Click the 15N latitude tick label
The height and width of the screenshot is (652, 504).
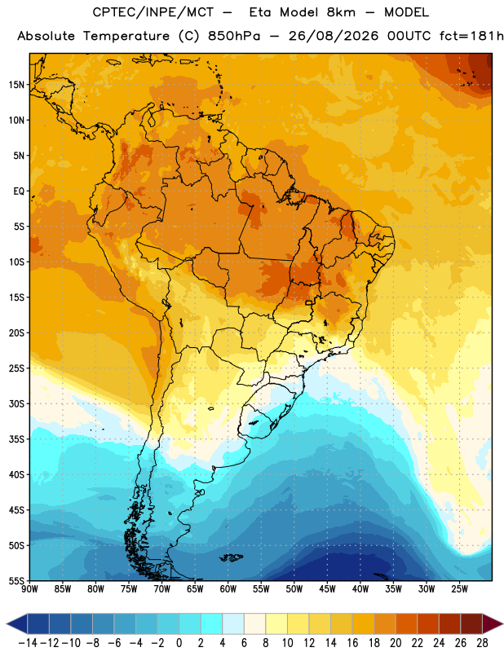point(16,85)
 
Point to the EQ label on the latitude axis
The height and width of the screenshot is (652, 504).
point(19,192)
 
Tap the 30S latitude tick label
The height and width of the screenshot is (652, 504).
point(16,403)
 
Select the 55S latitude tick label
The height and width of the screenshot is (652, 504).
point(16,581)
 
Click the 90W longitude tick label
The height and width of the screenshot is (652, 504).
point(29,589)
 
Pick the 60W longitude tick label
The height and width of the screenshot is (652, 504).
point(228,589)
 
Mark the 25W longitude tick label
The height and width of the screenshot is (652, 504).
point(459,589)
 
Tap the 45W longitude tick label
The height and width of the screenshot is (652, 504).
point(327,589)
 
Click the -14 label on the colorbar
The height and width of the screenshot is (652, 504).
point(28,643)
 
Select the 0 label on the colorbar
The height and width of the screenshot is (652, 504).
point(179,643)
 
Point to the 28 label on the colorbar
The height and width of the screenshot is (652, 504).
point(482,643)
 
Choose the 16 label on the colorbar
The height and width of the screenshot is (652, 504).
point(352,643)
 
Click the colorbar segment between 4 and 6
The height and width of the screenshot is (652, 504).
point(233,623)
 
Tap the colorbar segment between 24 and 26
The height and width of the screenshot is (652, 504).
point(450,623)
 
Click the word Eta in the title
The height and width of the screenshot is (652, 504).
point(260,12)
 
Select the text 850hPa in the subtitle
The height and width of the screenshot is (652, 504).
point(234,36)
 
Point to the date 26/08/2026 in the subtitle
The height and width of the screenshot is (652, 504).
point(334,36)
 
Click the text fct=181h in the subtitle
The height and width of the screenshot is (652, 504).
point(471,36)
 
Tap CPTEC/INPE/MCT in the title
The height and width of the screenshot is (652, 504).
point(153,12)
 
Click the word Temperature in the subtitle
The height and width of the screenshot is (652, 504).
point(126,37)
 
